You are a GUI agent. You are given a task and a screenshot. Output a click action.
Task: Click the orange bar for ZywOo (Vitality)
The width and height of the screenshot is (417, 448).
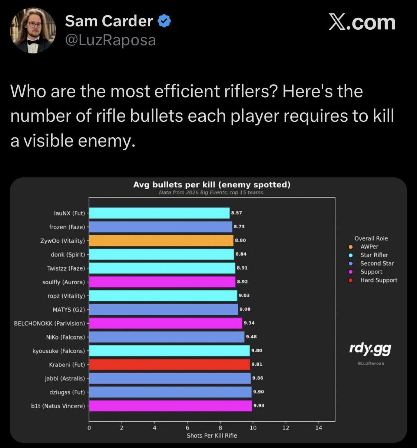[x=161, y=241]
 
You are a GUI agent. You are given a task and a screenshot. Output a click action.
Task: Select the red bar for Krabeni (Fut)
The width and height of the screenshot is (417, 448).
[x=169, y=364]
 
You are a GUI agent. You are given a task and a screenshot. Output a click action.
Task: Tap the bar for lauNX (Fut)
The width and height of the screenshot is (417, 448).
[x=159, y=213]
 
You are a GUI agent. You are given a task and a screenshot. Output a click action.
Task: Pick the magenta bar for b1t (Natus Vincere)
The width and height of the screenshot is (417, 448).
[x=171, y=406]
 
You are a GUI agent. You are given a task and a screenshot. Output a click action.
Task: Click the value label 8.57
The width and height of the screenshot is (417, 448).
[x=236, y=213]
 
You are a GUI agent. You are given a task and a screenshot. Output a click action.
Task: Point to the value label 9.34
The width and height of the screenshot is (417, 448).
[x=249, y=323]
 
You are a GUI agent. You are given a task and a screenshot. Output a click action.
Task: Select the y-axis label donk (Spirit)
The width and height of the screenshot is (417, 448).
[x=68, y=255]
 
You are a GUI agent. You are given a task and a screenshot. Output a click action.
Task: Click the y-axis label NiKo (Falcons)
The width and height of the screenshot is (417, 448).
[x=65, y=337]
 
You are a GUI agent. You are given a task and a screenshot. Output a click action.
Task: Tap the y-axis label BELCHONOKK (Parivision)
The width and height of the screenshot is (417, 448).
[x=49, y=323]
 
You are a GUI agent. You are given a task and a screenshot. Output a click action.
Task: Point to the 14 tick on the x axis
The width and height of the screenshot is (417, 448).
[x=318, y=428]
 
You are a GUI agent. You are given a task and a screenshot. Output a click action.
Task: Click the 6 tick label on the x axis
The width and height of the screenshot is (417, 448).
[x=188, y=428]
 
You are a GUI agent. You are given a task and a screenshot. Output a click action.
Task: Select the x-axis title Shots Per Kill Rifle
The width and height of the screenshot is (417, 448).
[x=212, y=436]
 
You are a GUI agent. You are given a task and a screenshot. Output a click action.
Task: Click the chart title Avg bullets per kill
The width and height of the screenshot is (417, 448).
[x=212, y=184]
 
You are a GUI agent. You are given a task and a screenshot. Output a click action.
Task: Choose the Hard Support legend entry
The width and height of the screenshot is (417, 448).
[x=378, y=280]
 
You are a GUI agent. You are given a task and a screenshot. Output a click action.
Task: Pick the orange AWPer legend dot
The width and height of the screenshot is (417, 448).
[x=351, y=247]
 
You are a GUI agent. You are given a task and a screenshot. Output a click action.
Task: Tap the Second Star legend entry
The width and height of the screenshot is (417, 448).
[x=377, y=264]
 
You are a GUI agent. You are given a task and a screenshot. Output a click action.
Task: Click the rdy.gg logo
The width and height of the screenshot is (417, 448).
[x=370, y=348]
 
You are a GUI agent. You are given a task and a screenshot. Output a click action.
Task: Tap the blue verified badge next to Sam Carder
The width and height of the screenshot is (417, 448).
[x=164, y=21]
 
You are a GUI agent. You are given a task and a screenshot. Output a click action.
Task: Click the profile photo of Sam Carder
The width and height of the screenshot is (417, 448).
[x=33, y=30]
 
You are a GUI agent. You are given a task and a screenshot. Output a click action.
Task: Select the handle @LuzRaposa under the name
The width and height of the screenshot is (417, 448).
[x=110, y=40]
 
